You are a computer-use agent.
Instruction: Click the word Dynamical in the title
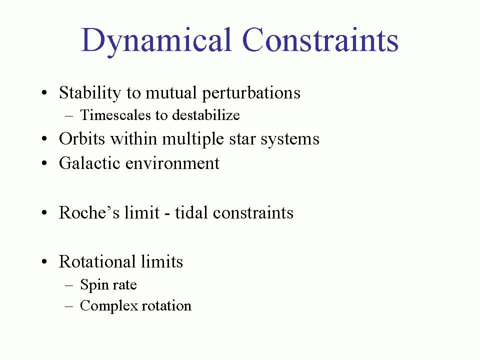[156, 41]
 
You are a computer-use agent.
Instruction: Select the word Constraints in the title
[320, 39]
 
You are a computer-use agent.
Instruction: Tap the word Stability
[90, 93]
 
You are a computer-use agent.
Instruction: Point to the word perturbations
[251, 93]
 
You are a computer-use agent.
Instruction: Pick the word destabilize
[205, 115]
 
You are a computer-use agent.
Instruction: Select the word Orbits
[82, 138]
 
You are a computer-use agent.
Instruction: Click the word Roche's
[89, 212]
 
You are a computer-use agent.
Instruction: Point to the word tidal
[190, 212]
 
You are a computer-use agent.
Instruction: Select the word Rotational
[97, 261]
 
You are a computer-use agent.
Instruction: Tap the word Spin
[93, 285]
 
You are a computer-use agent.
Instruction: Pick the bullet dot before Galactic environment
[44, 163]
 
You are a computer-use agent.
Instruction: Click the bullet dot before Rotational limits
[44, 262]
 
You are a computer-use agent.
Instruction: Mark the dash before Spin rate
[69, 285]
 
